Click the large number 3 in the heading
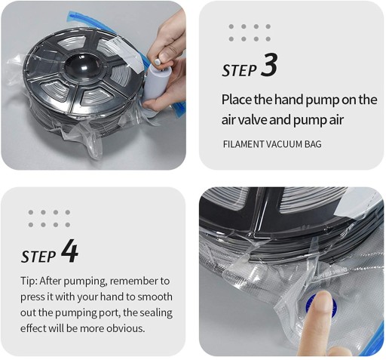(x=269, y=65)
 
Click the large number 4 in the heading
(x=69, y=251)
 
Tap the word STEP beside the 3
(x=239, y=70)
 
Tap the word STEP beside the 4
(x=38, y=257)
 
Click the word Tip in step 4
(x=29, y=282)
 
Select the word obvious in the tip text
(x=126, y=328)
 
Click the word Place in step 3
(x=237, y=100)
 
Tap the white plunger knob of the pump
(x=158, y=62)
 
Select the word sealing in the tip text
(x=156, y=312)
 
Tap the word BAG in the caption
(x=313, y=144)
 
